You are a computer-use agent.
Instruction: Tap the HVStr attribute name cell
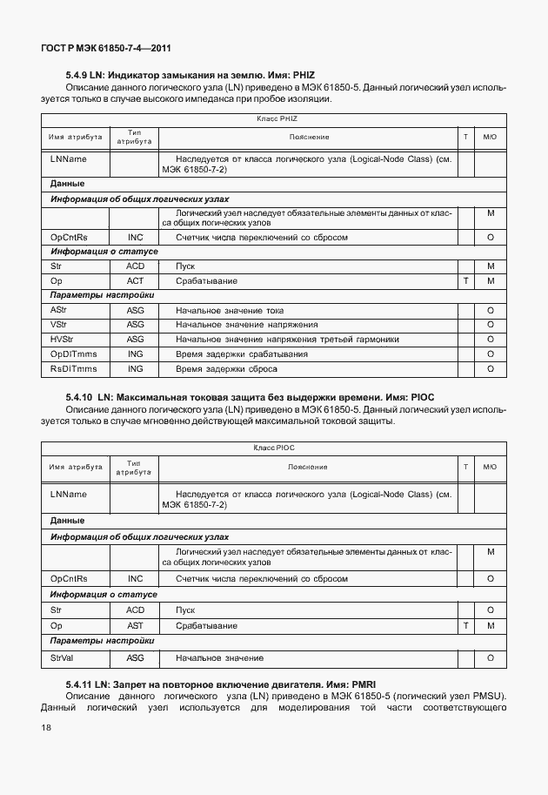[x=62, y=339]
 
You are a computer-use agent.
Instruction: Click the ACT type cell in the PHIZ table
[x=135, y=281]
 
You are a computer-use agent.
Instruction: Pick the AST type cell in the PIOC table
[x=135, y=626]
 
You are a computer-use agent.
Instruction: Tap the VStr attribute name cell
[x=59, y=324]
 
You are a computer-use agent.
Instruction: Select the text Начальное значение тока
[x=230, y=310]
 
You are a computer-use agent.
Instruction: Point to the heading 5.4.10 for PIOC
[x=250, y=397]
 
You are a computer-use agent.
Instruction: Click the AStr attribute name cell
[x=59, y=310]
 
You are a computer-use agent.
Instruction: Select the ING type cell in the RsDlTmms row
[x=135, y=369]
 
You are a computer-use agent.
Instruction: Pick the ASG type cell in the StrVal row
[x=135, y=657]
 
